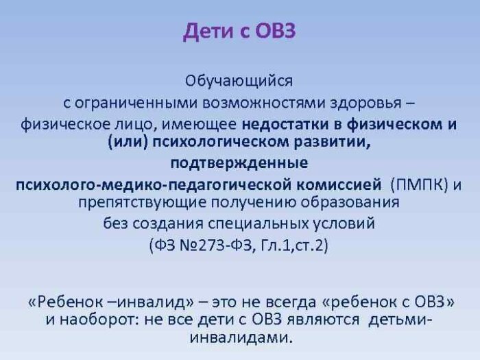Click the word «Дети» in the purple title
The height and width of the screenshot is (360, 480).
(x=208, y=32)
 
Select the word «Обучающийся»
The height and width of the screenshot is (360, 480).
(x=239, y=81)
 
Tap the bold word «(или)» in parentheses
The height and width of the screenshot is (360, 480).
(x=125, y=143)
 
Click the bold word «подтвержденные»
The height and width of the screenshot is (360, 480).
(x=239, y=164)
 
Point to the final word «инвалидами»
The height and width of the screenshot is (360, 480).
(x=240, y=338)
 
